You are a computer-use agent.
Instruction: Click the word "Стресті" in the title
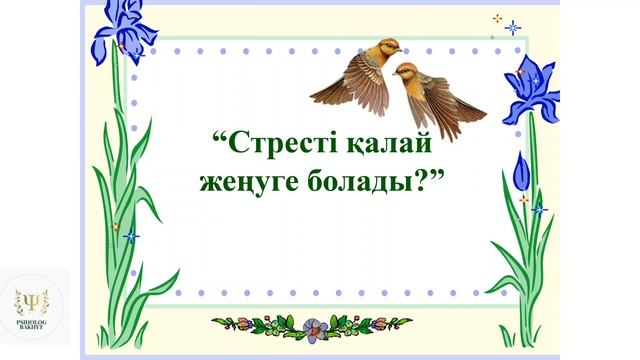(x=285, y=141)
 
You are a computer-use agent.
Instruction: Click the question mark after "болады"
(x=429, y=185)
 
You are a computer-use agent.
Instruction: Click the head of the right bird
(x=404, y=70)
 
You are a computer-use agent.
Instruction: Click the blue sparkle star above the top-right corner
(x=513, y=27)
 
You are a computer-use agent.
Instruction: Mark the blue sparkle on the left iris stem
(x=130, y=236)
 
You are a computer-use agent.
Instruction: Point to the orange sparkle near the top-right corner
(x=497, y=18)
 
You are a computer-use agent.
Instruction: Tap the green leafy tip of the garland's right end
(x=404, y=322)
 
